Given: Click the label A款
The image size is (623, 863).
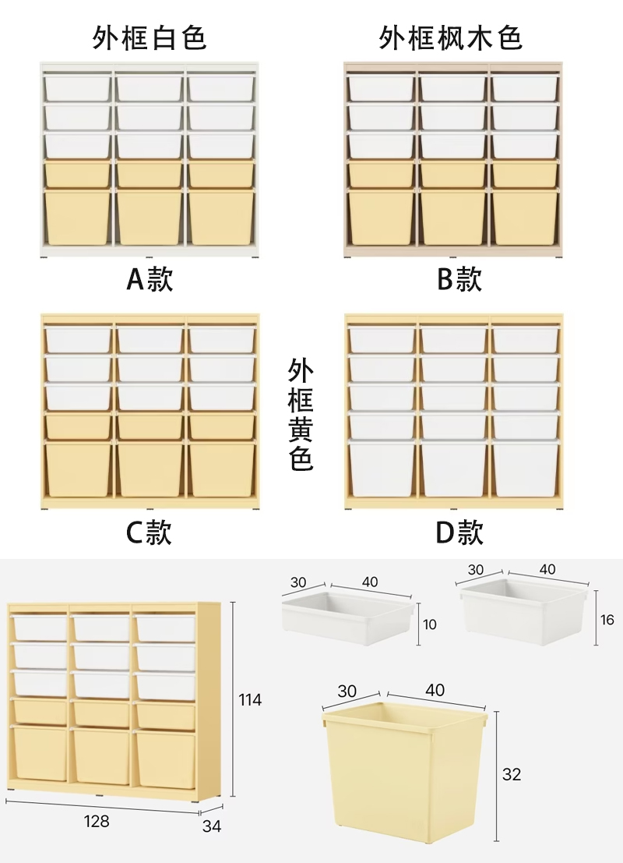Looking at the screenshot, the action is (x=150, y=278).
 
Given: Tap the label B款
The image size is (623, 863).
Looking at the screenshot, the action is (x=459, y=278).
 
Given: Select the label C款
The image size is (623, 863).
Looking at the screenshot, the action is (x=149, y=532).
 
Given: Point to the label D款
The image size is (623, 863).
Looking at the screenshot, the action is (x=459, y=532).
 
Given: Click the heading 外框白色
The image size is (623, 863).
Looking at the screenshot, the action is (x=150, y=37).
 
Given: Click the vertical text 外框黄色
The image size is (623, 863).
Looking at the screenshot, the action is (x=301, y=414).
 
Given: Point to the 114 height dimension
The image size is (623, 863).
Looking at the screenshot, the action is (x=250, y=700).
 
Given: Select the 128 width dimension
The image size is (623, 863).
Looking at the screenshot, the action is (x=97, y=821).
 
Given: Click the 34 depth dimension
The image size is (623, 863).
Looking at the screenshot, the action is (x=212, y=826).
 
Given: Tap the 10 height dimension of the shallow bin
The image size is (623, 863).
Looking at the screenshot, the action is (x=431, y=624).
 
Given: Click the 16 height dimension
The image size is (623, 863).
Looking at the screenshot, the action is (x=608, y=619).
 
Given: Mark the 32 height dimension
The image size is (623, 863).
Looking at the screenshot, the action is (x=512, y=774).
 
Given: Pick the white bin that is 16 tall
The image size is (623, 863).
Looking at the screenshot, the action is (x=523, y=612).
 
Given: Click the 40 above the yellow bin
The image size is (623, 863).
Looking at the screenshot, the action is (x=435, y=690).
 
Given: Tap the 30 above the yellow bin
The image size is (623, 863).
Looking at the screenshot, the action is (x=347, y=691).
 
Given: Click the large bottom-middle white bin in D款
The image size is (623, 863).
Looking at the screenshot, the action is (x=452, y=469).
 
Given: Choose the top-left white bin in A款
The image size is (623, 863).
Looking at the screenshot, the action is (x=77, y=87).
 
